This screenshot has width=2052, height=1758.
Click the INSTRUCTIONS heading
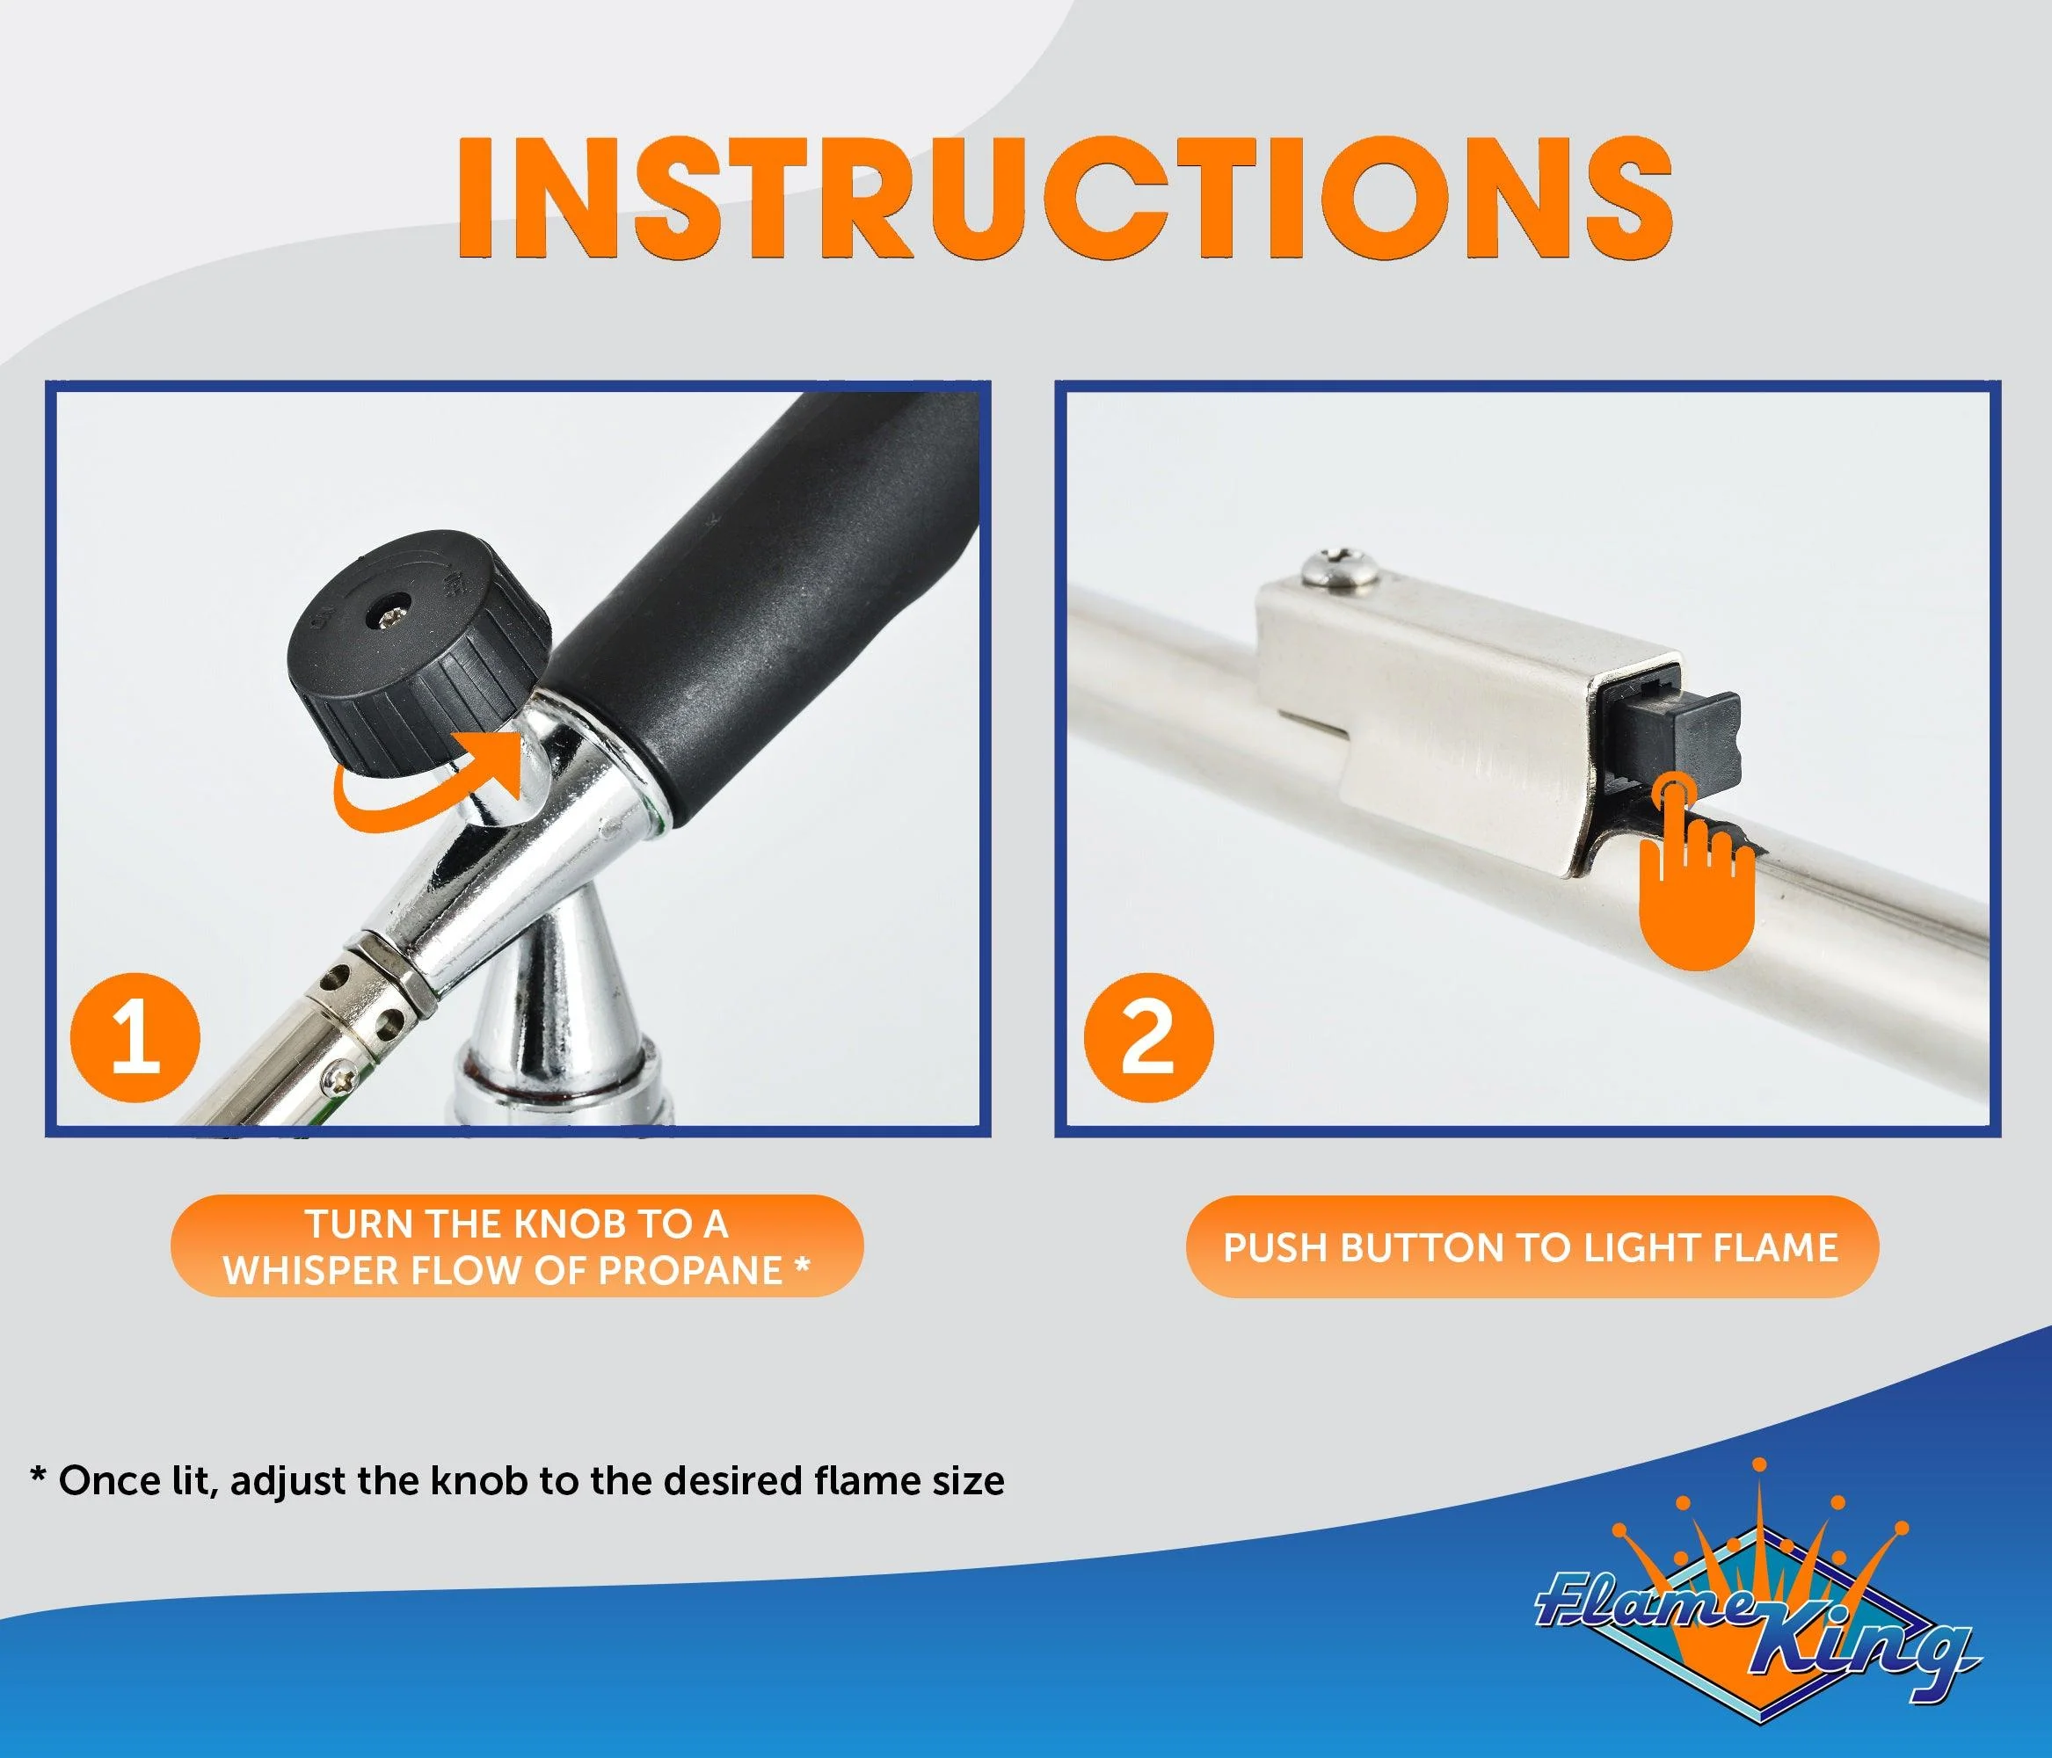coord(1065,197)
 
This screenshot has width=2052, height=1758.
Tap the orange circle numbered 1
coord(135,1037)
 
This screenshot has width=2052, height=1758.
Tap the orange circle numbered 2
coord(1148,1037)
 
